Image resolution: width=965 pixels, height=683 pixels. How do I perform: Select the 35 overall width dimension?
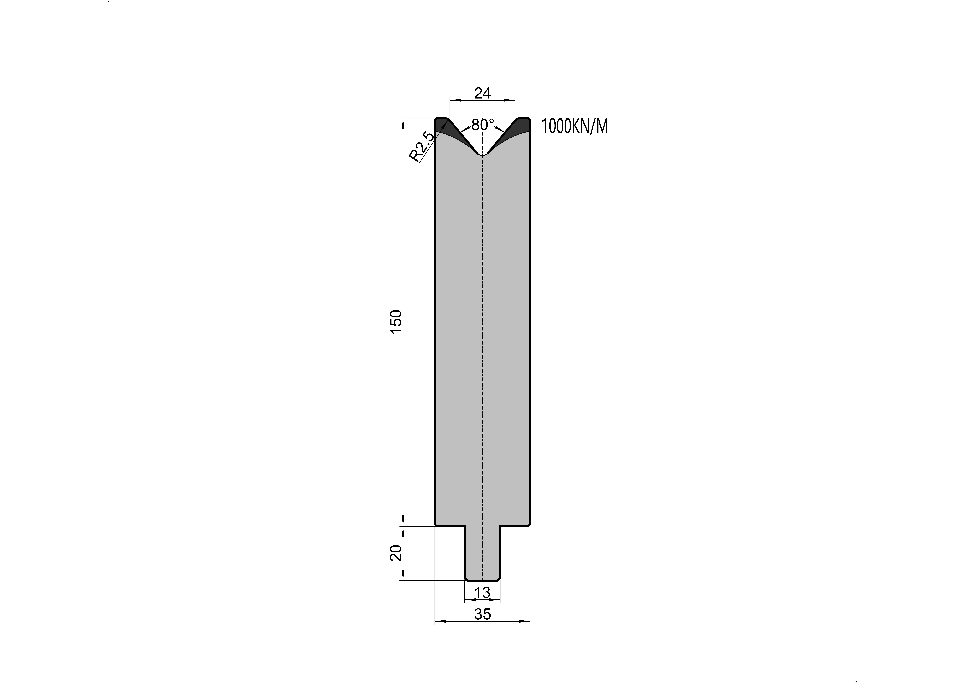click(483, 614)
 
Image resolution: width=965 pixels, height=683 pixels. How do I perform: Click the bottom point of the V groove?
click(483, 156)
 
